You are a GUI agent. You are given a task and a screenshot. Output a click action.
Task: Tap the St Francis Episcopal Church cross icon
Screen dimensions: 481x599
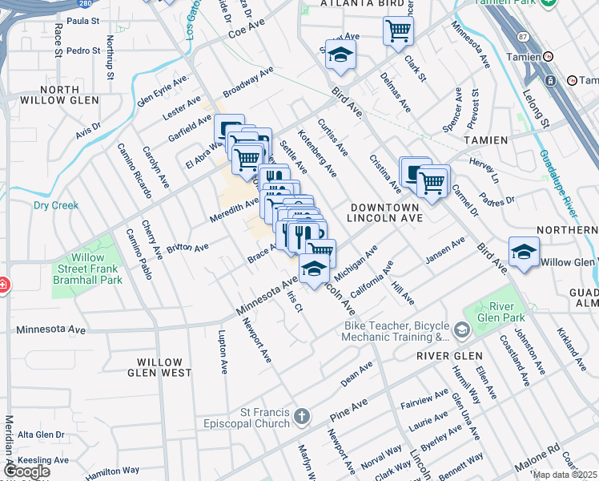(x=301, y=416)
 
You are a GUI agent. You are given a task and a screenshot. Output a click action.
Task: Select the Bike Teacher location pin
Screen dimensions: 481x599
(x=461, y=330)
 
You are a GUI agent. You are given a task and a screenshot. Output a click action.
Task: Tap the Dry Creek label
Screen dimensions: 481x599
(x=56, y=205)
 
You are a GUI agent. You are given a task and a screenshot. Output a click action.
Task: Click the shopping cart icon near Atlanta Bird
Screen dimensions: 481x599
(x=398, y=31)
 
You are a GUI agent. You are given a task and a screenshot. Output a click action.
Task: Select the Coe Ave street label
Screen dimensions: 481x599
(x=247, y=31)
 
